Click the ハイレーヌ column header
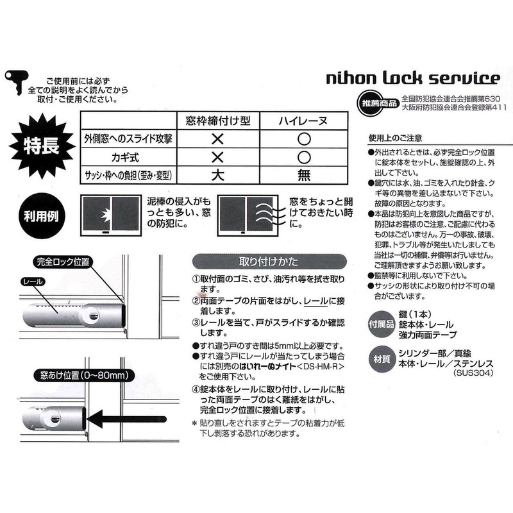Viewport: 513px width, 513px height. pyautogui.click(x=305, y=121)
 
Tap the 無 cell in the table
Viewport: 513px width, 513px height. pyautogui.click(x=305, y=175)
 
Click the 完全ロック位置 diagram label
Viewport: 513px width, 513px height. pyautogui.click(x=63, y=262)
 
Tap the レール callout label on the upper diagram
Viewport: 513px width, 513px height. pyautogui.click(x=33, y=282)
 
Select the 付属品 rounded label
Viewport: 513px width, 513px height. pyautogui.click(x=383, y=324)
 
